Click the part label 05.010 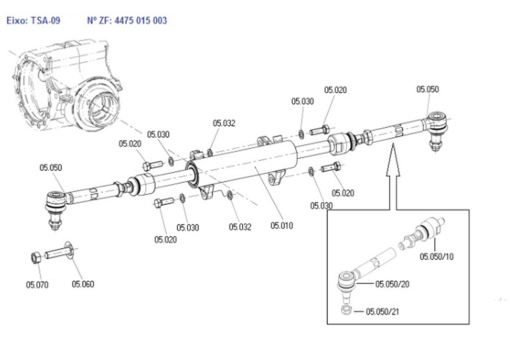click(281, 226)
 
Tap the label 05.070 click(37, 285)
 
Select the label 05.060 click(83, 284)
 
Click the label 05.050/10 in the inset click(436, 257)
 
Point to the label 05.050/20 click(392, 284)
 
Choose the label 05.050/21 click(382, 311)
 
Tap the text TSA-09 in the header click(46, 21)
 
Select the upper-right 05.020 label click(335, 90)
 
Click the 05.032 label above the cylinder click(224, 123)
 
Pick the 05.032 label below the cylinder click(240, 227)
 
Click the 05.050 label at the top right click(427, 89)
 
